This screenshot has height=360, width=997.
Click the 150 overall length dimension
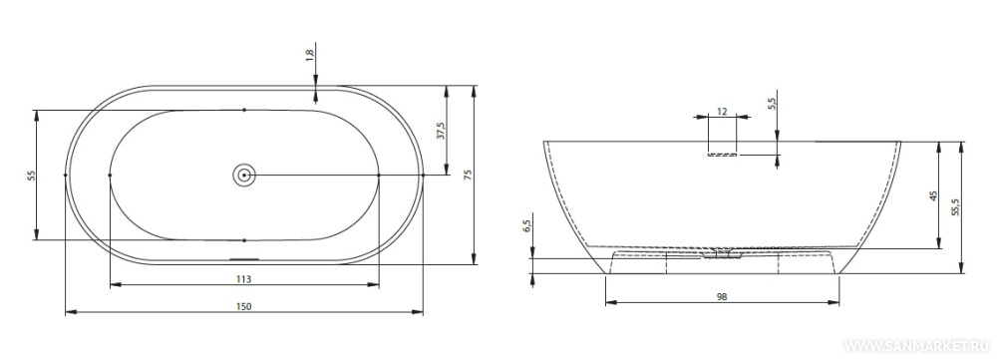pos(244,306)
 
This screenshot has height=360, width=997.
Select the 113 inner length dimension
pos(244,278)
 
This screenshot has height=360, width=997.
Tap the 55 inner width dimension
pos(31,175)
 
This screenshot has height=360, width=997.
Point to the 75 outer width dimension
pos(468,175)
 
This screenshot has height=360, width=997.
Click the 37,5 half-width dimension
pos(441,131)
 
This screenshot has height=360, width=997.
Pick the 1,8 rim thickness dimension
pos(310,55)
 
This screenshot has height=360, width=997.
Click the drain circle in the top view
pos(244,175)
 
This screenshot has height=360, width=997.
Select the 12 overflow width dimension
pos(722,112)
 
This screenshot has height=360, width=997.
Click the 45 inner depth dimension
pos(933,195)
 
